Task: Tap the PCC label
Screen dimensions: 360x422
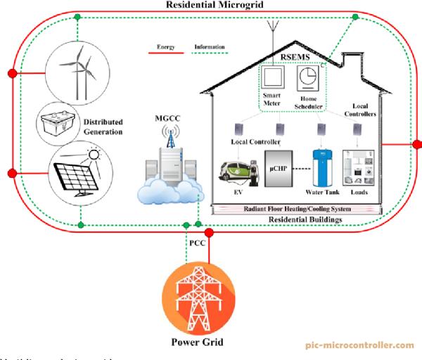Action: [197, 243]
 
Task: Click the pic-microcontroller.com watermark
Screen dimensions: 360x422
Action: [359, 345]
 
